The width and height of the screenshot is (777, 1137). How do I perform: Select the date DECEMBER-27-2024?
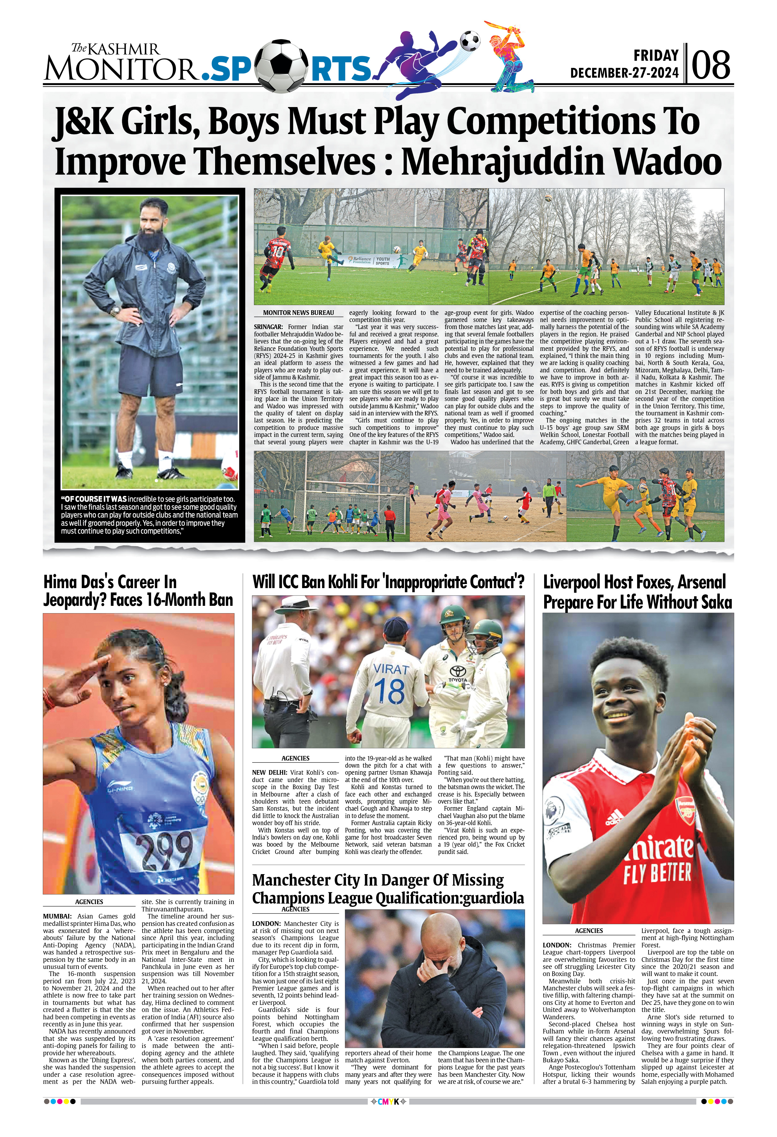(624, 73)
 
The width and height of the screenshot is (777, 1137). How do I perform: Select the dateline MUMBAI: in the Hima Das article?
(57, 916)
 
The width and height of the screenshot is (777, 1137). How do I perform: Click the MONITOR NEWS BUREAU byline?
(298, 313)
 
